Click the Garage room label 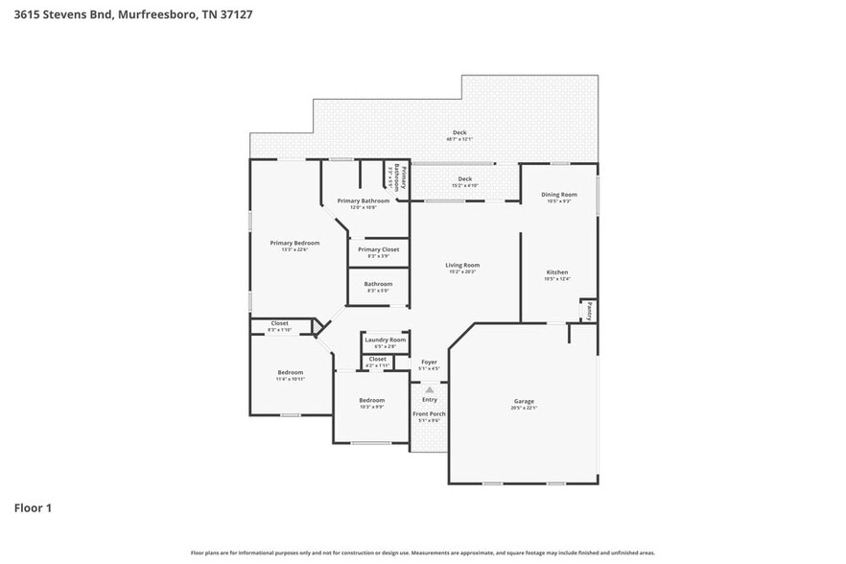(x=523, y=401)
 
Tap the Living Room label (x=462, y=265)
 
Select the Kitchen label (x=557, y=272)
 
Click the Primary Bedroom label (x=294, y=243)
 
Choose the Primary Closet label (x=378, y=249)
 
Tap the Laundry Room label (x=385, y=340)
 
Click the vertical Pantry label (x=589, y=312)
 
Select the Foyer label (x=430, y=362)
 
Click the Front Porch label (x=430, y=413)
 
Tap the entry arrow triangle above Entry (x=430, y=389)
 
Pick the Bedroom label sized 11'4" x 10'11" (x=291, y=372)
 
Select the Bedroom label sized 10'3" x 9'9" (x=372, y=400)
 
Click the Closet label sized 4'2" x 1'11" (x=378, y=359)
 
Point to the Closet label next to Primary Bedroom (x=279, y=323)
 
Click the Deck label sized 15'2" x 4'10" (x=465, y=178)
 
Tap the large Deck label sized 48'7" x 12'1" (x=459, y=132)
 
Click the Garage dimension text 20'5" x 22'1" (x=524, y=408)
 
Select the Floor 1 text (x=33, y=507)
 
